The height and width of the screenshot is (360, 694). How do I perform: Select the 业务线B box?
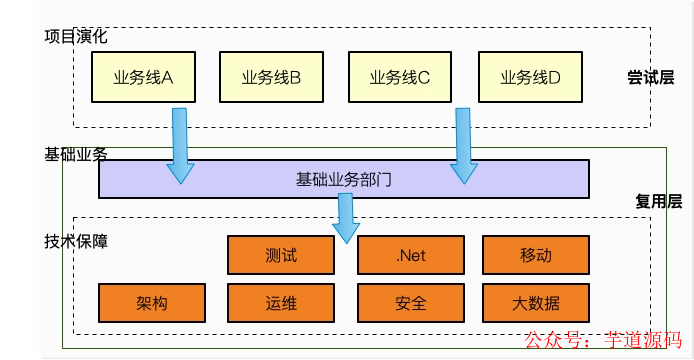272,77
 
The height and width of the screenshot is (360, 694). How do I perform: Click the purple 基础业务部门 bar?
343,180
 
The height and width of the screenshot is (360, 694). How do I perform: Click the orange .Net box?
410,255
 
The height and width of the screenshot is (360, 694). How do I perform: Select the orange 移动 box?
535,255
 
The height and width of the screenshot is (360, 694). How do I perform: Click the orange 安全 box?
410,303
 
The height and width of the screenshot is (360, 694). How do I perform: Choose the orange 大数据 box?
535,303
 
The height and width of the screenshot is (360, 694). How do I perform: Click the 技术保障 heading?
76,242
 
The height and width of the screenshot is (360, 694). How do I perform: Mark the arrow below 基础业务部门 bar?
346,218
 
